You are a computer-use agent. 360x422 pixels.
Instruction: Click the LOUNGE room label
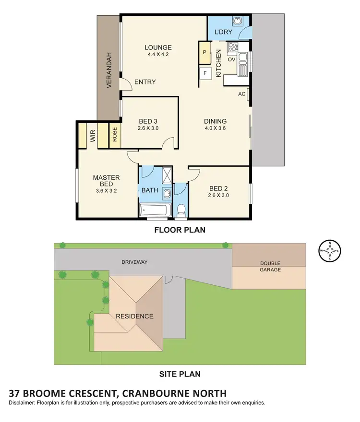click(x=158, y=47)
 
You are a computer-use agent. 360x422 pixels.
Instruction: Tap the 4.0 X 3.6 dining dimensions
click(x=215, y=128)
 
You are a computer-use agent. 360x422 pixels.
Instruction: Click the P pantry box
click(x=205, y=52)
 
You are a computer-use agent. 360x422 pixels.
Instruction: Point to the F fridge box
click(x=205, y=73)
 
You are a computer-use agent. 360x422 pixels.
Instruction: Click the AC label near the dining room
click(x=241, y=94)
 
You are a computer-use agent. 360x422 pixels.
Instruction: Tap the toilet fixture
click(x=181, y=210)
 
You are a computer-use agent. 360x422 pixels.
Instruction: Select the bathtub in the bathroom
click(x=155, y=210)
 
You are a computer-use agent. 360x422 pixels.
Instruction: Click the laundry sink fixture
click(x=237, y=22)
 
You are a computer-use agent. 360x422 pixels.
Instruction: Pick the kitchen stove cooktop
click(x=233, y=47)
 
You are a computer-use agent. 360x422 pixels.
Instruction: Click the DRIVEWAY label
click(x=134, y=262)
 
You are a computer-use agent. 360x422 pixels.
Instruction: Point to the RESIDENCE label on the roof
click(x=134, y=316)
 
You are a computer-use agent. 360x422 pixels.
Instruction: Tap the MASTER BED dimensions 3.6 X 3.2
click(x=106, y=190)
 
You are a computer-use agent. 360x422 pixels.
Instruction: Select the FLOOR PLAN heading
click(x=180, y=230)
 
